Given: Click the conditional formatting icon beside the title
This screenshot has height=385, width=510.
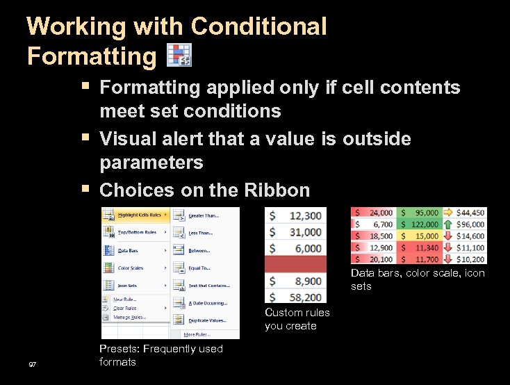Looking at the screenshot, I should [179, 55].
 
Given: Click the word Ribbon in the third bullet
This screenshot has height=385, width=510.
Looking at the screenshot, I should [277, 190].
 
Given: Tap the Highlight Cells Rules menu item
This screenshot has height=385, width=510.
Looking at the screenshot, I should [138, 215].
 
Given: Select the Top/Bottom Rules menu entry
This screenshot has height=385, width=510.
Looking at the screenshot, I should [135, 232].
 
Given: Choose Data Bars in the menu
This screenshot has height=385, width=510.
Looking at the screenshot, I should [127, 250].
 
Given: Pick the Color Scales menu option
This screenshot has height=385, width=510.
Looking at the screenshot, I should [131, 268].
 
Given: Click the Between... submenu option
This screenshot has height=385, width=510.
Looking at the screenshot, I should [200, 250].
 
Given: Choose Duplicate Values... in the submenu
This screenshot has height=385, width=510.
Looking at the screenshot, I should [207, 320].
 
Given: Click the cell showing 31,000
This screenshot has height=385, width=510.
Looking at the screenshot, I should [295, 232].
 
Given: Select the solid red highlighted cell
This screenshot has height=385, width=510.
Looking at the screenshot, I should [295, 264].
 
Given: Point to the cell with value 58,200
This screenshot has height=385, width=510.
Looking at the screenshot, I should [295, 297].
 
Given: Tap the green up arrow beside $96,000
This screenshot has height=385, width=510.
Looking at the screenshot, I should [447, 224].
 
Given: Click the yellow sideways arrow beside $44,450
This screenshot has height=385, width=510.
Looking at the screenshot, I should [447, 213].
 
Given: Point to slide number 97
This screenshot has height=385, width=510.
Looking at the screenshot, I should [33, 365].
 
